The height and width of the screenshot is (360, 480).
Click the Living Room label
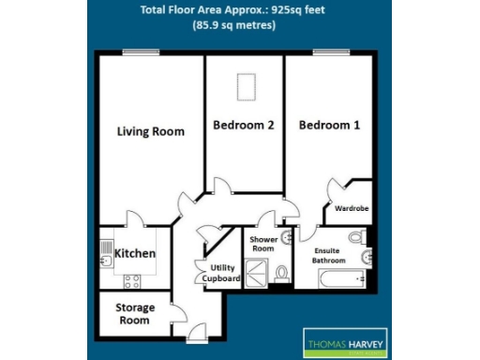pos(150,131)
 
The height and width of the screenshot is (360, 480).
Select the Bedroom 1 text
pos(328,125)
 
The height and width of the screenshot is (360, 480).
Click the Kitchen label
pos(134,254)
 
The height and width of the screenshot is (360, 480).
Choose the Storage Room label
pos(134,313)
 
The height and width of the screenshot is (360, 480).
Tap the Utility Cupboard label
pos(225,273)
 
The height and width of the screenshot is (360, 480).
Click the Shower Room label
pos(262,245)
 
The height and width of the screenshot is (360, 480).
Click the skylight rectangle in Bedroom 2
pos(247,86)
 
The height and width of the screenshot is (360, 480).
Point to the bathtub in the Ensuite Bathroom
pos(337,278)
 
